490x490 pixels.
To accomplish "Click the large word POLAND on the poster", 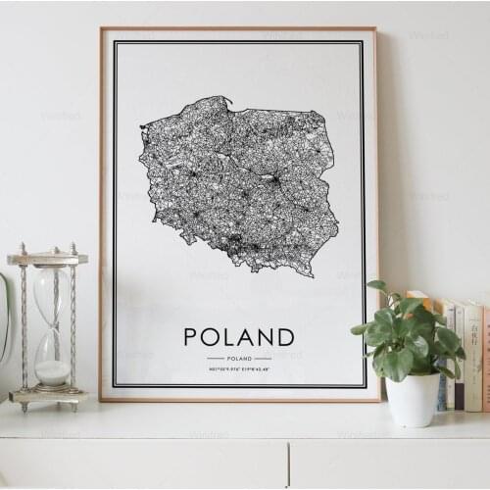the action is click(x=239, y=337).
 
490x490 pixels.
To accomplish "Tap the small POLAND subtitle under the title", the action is click(x=239, y=359).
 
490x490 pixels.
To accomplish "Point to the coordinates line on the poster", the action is click(x=239, y=369).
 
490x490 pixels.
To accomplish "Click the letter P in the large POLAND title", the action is click(x=191, y=337).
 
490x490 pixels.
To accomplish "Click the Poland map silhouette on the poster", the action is click(x=240, y=181).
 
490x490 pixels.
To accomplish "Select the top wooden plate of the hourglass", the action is click(x=47, y=259).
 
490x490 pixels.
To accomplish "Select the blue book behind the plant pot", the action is click(x=443, y=392).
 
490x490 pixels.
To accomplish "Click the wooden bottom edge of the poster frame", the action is click(x=240, y=399).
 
